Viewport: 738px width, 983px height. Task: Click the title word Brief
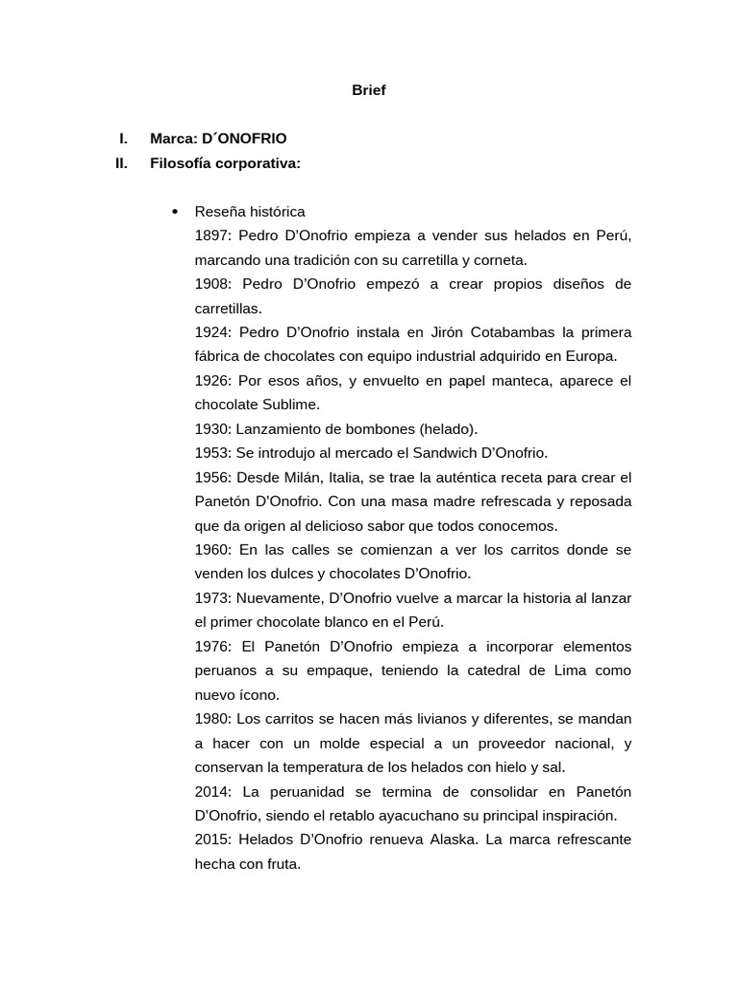368,91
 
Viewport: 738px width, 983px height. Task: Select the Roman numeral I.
124,138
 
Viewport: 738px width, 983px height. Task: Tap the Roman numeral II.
121,163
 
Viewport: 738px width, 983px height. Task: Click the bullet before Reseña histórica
174,211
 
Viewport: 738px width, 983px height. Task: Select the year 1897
211,235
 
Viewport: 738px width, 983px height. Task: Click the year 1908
211,284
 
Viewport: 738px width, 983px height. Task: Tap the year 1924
211,332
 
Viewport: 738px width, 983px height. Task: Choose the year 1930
211,429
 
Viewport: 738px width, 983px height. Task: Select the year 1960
211,549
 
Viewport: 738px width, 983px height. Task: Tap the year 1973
211,598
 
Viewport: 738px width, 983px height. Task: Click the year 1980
211,719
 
